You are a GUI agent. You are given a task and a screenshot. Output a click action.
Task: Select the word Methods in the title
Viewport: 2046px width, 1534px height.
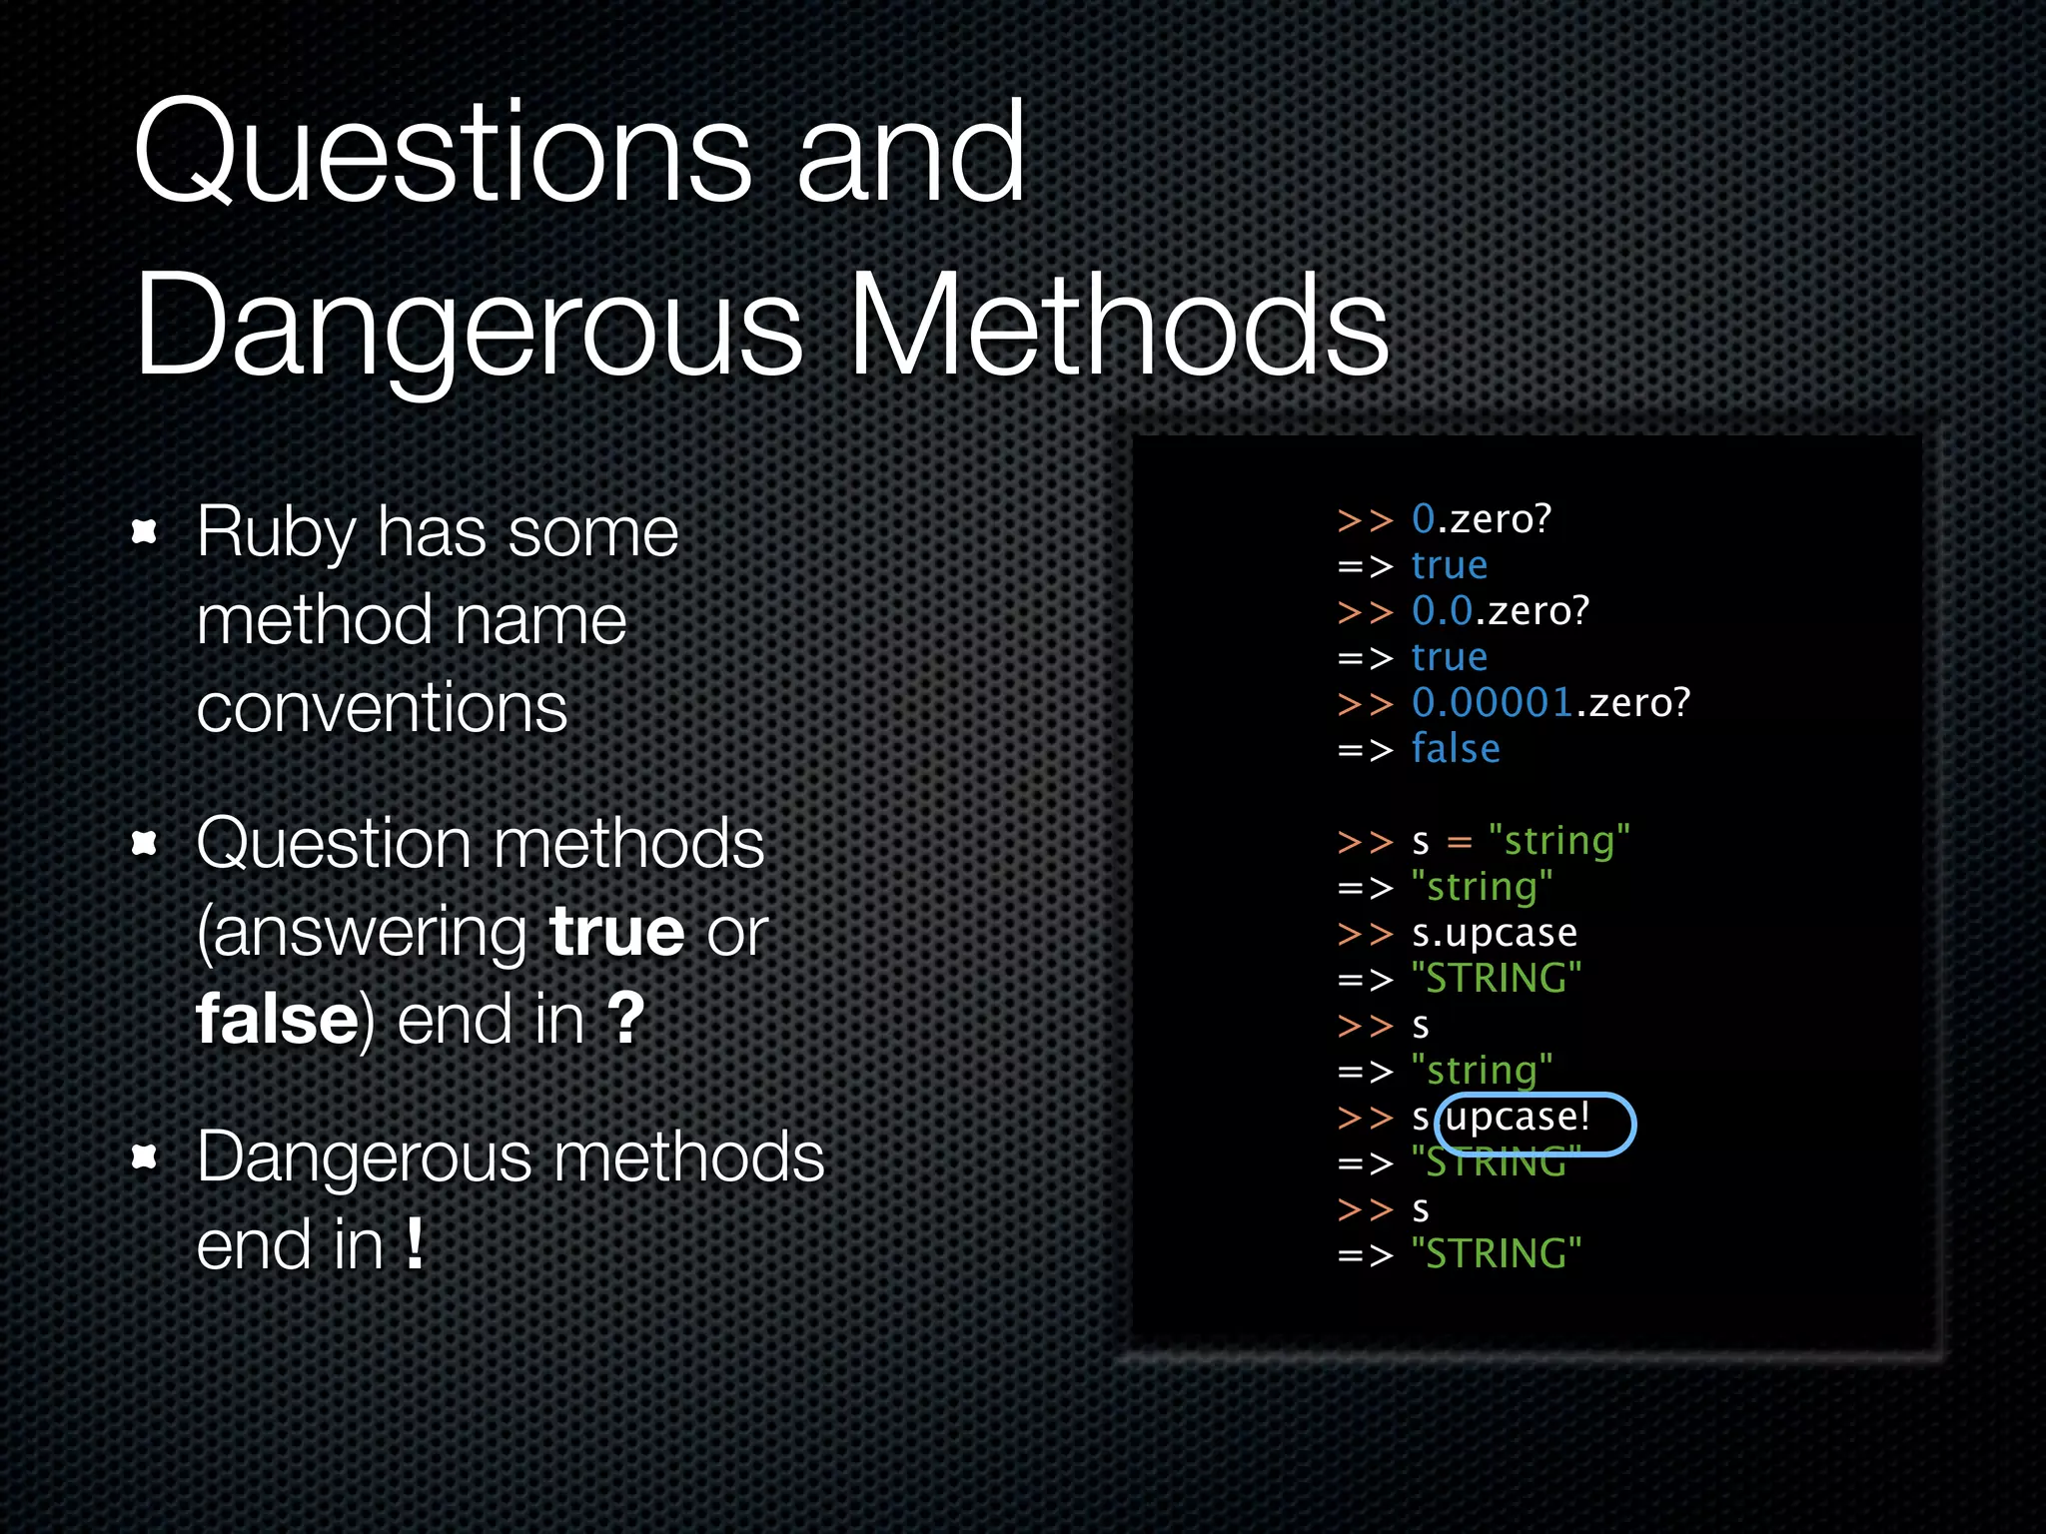pyautogui.click(x=1119, y=326)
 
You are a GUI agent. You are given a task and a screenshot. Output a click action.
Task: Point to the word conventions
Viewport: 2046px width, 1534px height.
pyautogui.click(x=382, y=708)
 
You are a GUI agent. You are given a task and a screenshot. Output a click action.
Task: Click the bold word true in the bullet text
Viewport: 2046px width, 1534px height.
pyautogui.click(x=617, y=932)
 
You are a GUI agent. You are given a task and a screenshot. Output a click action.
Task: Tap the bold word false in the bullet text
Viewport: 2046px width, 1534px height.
pyautogui.click(x=277, y=1020)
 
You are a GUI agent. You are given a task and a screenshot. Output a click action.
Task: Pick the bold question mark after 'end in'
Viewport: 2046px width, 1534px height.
pyautogui.click(x=626, y=1019)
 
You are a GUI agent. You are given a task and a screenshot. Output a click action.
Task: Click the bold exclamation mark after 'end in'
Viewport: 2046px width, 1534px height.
pyautogui.click(x=415, y=1244)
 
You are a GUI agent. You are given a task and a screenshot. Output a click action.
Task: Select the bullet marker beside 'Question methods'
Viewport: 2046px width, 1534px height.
pyautogui.click(x=145, y=844)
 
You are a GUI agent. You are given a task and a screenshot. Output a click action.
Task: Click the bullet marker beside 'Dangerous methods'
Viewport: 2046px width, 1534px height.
pyautogui.click(x=145, y=1156)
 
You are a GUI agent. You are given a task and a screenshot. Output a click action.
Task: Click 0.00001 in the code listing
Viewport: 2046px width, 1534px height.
pyautogui.click(x=1493, y=703)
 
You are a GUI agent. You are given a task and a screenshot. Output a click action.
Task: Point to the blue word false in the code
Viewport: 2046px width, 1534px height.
pyautogui.click(x=1456, y=749)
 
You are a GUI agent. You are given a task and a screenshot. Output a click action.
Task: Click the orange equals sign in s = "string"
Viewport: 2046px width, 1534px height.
pyautogui.click(x=1460, y=843)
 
